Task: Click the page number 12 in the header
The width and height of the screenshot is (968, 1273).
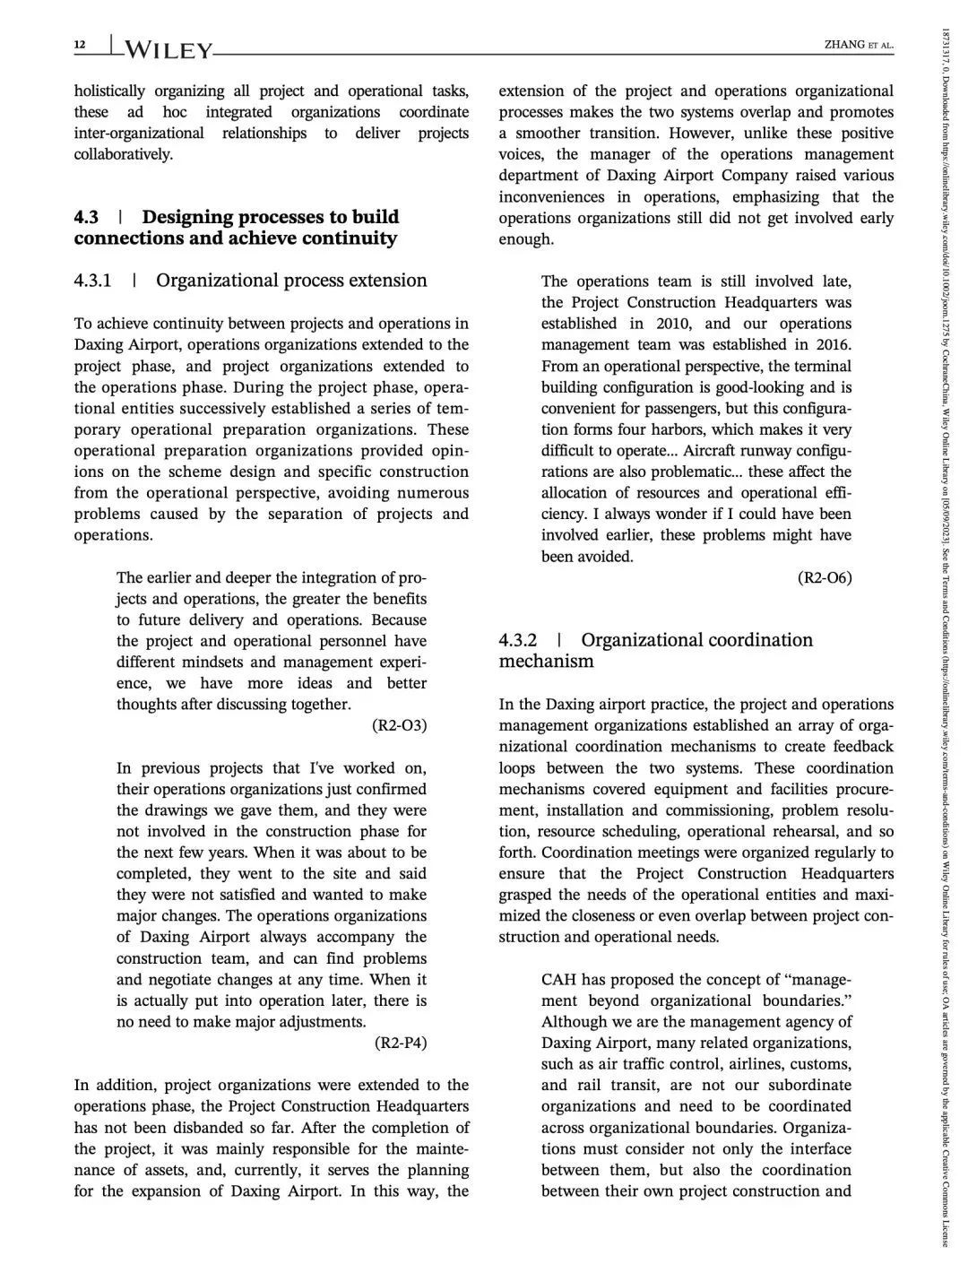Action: [x=79, y=44]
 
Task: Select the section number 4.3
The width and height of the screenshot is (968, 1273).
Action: [x=86, y=217]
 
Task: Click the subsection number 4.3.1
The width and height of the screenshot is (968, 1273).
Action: [x=92, y=281]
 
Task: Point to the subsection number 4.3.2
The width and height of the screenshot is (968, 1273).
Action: [x=517, y=640]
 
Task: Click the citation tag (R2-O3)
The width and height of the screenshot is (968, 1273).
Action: [x=399, y=726]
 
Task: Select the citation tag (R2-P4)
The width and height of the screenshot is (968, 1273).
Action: [x=400, y=1044]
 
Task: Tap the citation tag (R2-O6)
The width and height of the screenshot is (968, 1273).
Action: [x=825, y=578]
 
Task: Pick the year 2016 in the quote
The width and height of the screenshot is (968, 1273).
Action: [x=833, y=345]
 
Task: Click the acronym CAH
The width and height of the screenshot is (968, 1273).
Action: [x=560, y=980]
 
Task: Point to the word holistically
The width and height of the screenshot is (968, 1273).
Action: [x=109, y=91]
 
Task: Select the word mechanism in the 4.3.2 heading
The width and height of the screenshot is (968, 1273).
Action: [x=546, y=662]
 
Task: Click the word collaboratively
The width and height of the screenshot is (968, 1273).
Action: [x=123, y=154]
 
